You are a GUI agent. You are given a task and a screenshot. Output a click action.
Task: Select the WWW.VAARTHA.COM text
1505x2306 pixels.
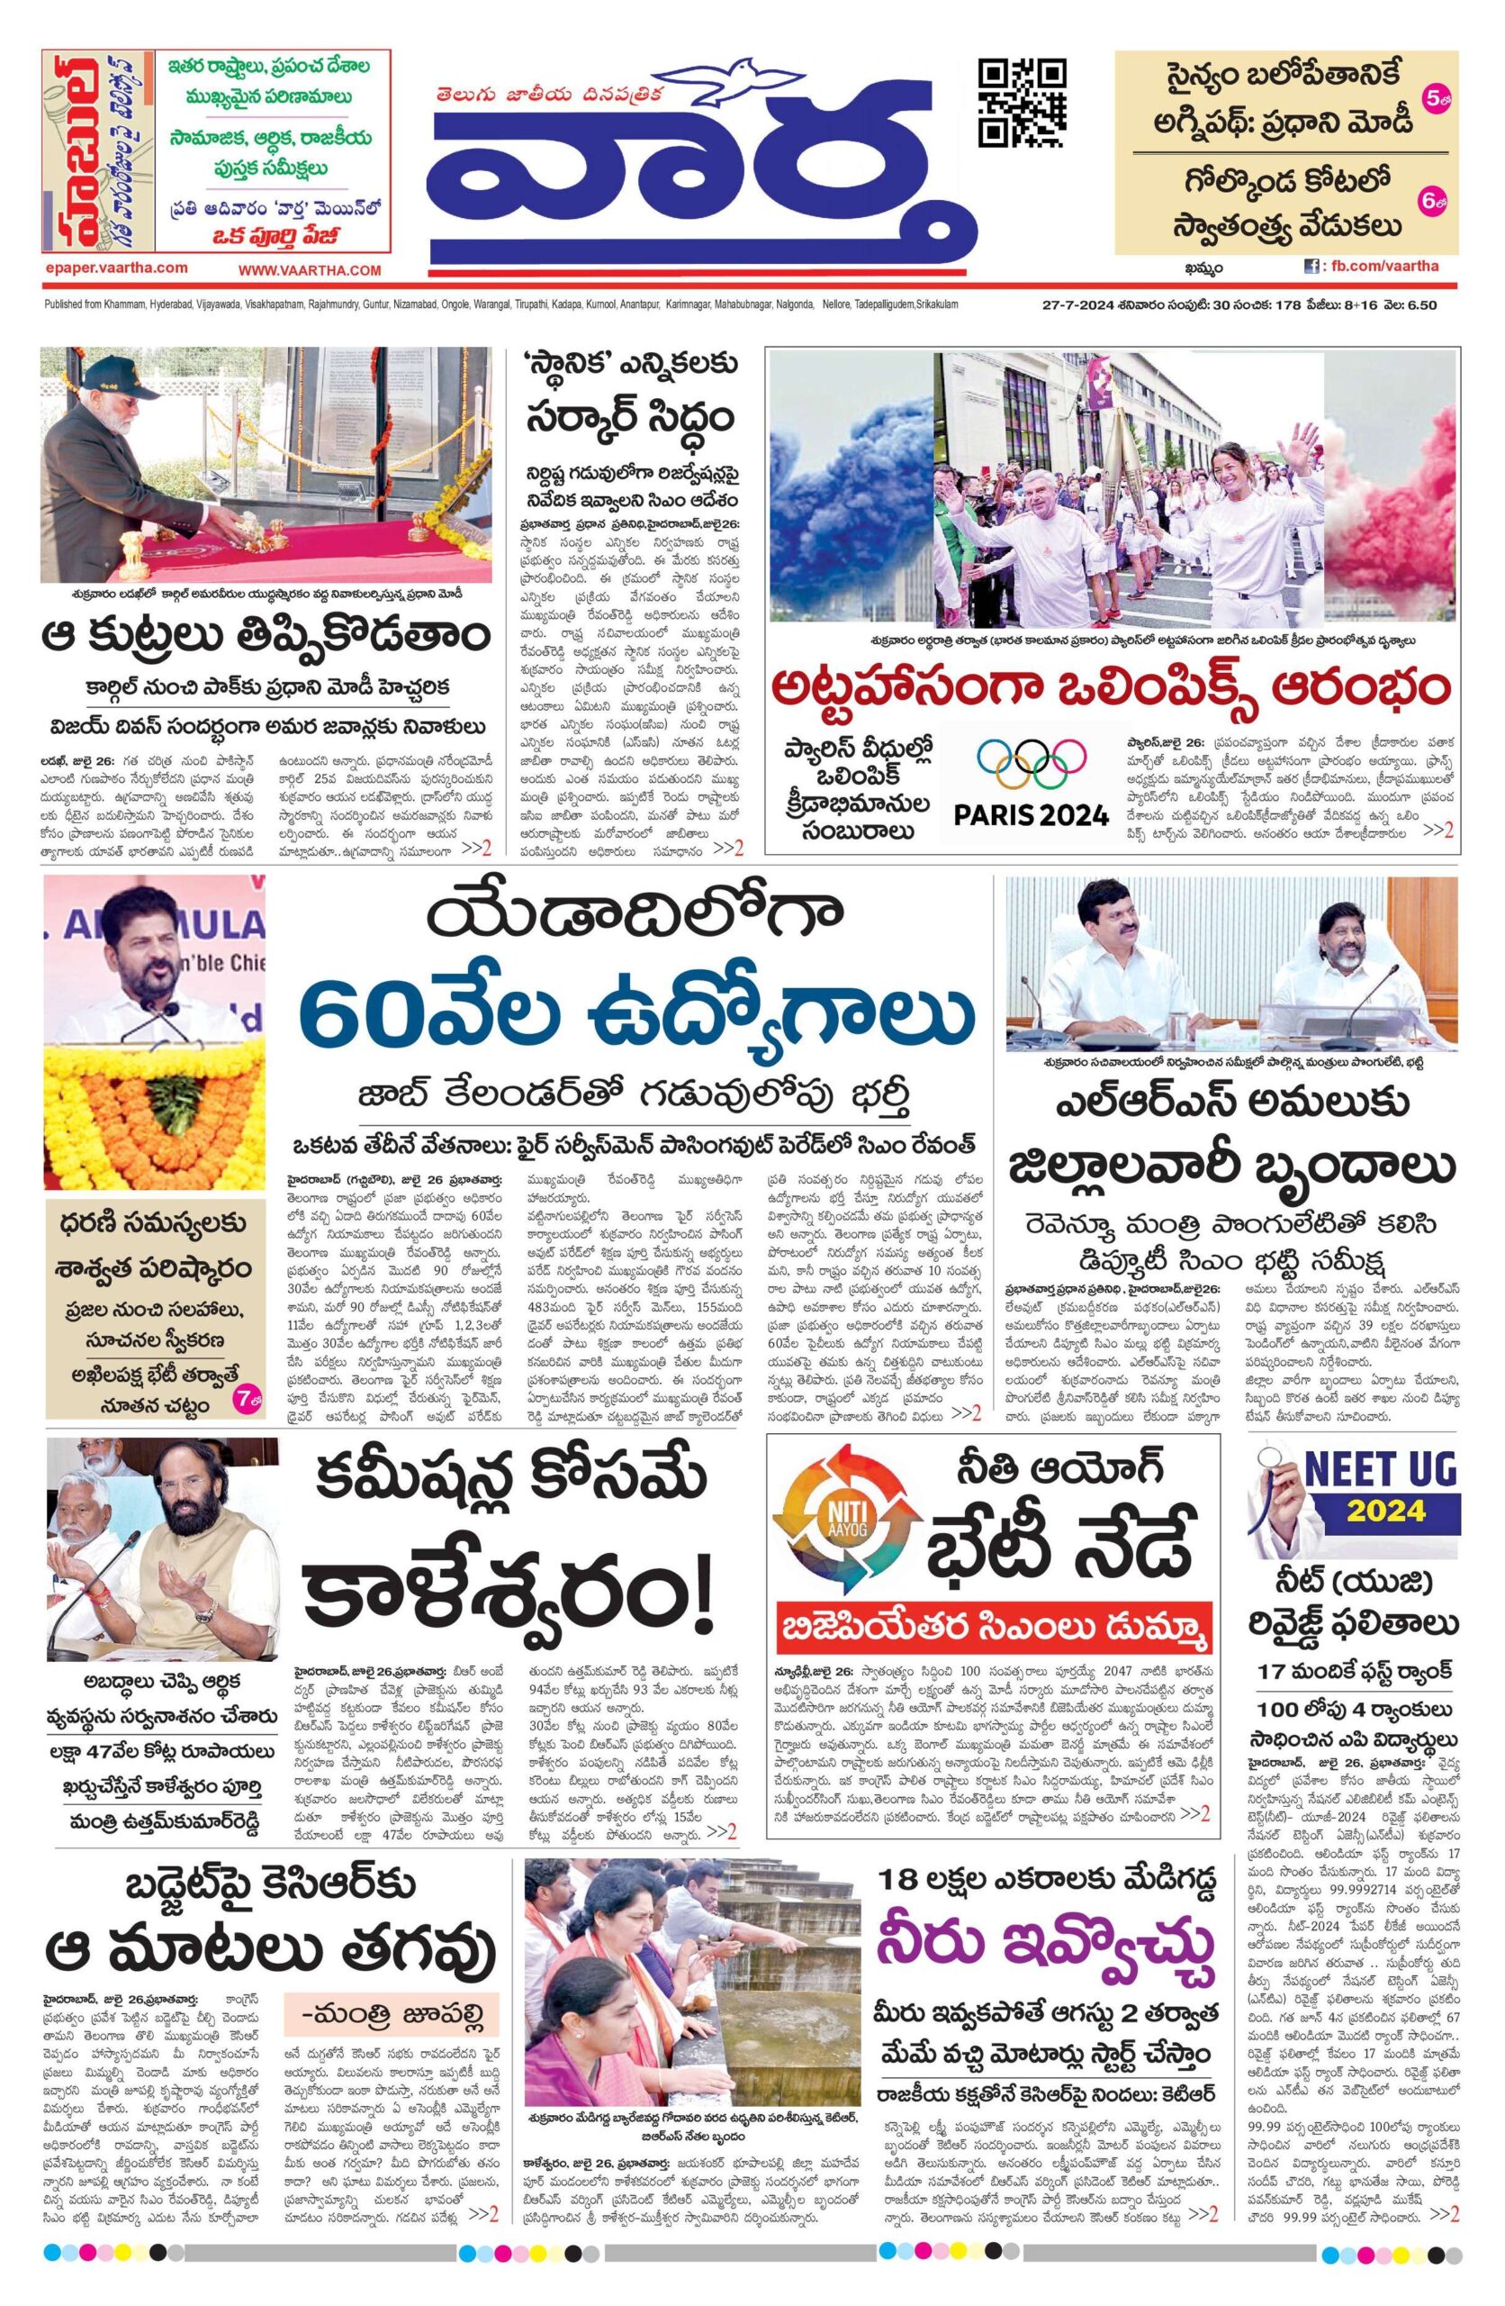[310, 270]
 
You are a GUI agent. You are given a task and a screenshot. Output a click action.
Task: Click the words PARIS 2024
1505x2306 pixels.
[1031, 815]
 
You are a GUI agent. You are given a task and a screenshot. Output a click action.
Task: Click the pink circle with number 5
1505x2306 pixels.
[1433, 98]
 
